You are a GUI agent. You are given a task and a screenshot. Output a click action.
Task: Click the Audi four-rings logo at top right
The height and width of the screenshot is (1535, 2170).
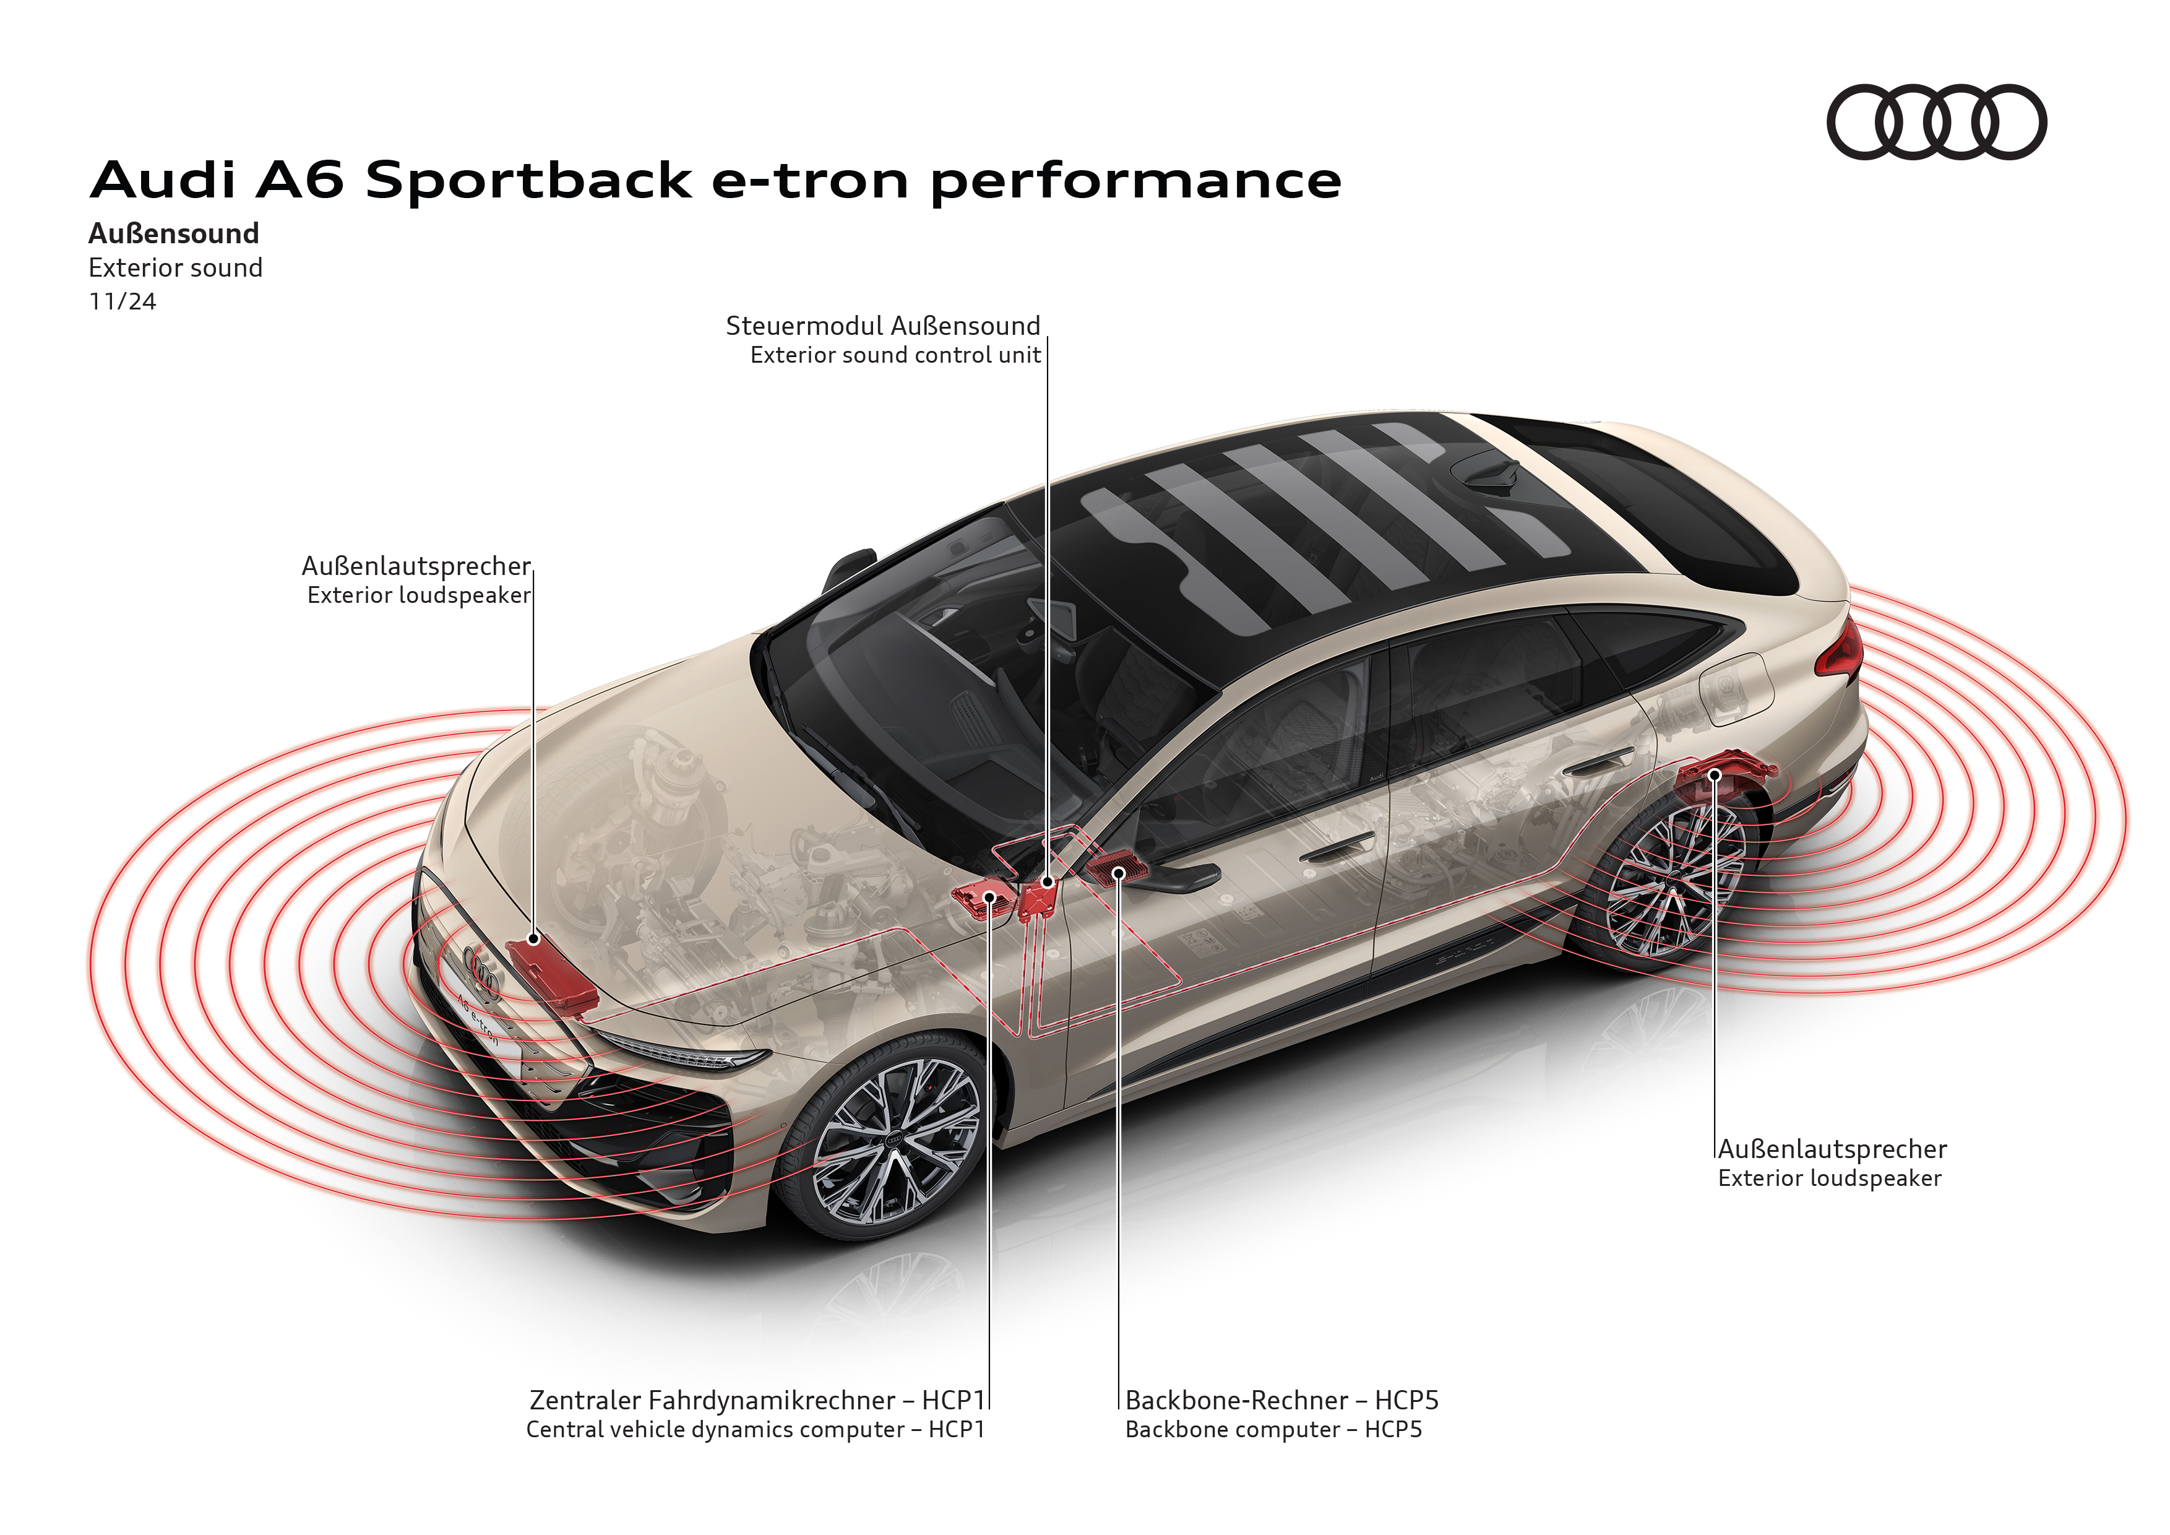[1935, 122]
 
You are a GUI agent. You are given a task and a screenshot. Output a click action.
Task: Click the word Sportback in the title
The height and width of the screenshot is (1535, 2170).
[528, 179]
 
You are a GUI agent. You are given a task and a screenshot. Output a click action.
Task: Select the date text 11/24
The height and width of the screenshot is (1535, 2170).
[122, 301]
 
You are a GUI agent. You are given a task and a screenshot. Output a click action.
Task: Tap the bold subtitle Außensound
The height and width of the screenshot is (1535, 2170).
[174, 233]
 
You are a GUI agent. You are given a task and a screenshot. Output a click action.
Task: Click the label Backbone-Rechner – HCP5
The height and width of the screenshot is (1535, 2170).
[1281, 1400]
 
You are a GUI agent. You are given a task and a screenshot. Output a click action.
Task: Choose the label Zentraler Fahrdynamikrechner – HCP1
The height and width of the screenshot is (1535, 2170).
[756, 1400]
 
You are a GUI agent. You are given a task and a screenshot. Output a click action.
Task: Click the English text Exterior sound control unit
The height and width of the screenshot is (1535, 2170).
[895, 355]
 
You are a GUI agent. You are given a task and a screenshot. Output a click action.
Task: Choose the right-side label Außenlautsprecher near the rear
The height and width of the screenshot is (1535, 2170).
[1832, 1149]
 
